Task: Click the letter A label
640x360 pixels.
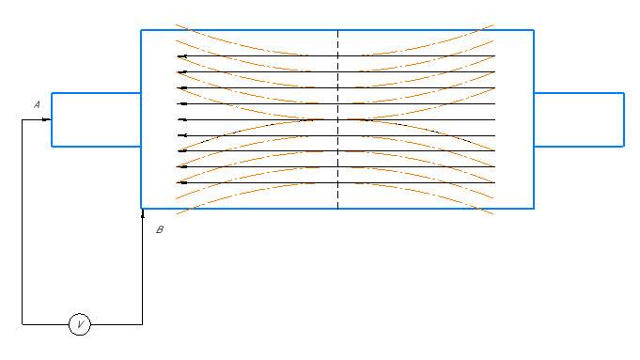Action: tap(37, 105)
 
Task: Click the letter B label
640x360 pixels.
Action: tap(160, 229)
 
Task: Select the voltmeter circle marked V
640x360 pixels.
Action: tap(80, 324)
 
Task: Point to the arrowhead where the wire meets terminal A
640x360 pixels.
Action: tap(47, 119)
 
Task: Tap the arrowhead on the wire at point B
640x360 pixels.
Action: tap(143, 213)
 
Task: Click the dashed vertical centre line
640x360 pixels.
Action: tap(338, 119)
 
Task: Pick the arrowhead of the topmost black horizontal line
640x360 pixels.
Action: tap(182, 56)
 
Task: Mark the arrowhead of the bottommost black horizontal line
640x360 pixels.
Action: tap(182, 183)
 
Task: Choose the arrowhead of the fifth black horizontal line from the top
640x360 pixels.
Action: tap(182, 119)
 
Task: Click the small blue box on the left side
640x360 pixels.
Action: tap(52, 119)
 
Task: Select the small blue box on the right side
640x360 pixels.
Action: tap(624, 119)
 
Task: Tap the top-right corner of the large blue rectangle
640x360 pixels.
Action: tap(534, 30)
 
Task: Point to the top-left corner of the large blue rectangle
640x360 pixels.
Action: tap(141, 30)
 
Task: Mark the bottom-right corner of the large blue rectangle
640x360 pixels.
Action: tap(534, 209)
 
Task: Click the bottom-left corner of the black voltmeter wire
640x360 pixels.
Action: tap(22, 324)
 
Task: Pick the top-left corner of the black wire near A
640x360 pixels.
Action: tap(22, 119)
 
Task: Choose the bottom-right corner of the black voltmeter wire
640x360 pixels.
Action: tap(143, 324)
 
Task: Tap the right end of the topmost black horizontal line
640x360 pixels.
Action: tap(494, 55)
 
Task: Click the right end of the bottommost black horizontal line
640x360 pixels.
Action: tap(494, 183)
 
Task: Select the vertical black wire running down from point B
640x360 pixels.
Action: tap(143, 267)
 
